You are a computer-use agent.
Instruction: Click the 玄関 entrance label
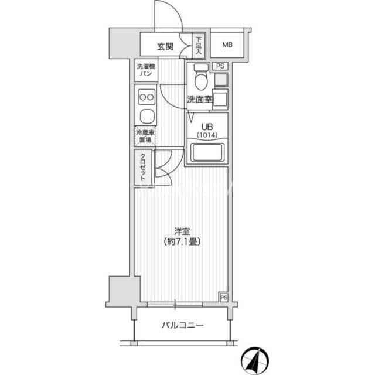click(x=165, y=46)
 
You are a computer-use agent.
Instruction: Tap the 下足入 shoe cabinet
click(x=199, y=46)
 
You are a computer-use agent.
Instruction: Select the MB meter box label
click(x=227, y=45)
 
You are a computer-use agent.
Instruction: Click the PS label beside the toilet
click(x=220, y=66)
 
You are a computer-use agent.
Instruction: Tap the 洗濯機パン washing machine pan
click(x=146, y=70)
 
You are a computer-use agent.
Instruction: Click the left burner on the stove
click(x=143, y=97)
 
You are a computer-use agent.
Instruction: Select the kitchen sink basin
click(x=147, y=116)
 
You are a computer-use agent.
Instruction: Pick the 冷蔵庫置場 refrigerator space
click(x=145, y=136)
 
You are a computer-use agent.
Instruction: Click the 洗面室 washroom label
click(x=199, y=100)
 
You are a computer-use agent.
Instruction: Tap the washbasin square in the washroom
click(x=220, y=100)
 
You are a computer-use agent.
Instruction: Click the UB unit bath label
click(x=207, y=127)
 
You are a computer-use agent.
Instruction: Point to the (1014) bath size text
click(x=207, y=135)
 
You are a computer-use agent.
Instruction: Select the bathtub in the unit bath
click(x=207, y=152)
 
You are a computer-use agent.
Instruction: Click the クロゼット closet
click(x=143, y=167)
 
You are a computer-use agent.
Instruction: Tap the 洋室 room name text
click(x=182, y=231)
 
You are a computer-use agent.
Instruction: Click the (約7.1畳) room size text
click(x=182, y=242)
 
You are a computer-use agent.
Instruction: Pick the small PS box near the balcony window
click(x=224, y=298)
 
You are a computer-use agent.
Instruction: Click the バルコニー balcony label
click(x=182, y=325)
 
